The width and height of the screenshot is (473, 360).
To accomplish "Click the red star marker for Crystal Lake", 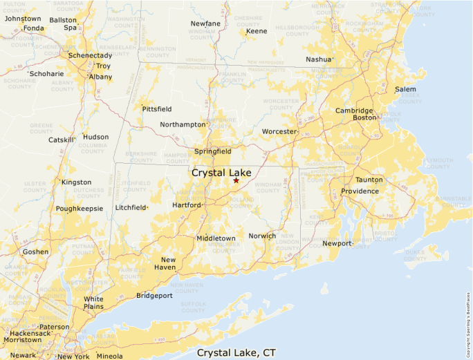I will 236,180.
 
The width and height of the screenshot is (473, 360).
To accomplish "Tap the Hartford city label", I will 187,205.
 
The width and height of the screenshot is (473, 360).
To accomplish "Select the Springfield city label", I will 212,151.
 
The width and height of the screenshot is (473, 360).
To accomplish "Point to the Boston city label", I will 364,118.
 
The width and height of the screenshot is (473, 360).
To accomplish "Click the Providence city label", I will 360,191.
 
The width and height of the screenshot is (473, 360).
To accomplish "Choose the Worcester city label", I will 279,131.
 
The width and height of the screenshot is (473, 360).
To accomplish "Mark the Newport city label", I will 337,243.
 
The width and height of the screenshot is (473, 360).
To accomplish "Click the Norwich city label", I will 262,236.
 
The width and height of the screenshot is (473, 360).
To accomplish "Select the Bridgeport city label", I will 154,296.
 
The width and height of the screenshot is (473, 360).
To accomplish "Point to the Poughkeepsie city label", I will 80,208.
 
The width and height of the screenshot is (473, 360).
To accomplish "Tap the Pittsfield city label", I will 156,109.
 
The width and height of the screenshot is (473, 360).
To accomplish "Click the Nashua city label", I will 319,59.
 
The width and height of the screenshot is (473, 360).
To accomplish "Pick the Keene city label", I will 257,32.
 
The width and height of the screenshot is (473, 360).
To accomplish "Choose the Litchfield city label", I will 131,207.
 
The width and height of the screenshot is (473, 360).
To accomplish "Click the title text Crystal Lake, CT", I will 236,352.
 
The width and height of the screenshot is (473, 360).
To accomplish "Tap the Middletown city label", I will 216,238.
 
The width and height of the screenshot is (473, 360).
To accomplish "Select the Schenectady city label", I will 90,55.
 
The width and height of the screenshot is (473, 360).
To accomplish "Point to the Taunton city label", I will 369,180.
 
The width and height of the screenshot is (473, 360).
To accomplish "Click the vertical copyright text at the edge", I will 468,318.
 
